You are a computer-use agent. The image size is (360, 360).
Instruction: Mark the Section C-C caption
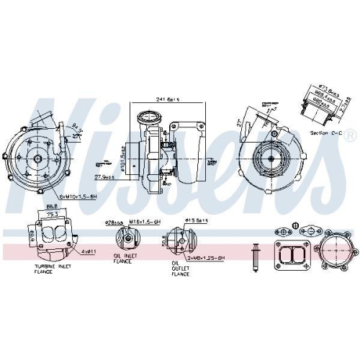[323, 134]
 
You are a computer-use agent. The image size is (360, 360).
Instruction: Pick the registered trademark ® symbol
[349, 135]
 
